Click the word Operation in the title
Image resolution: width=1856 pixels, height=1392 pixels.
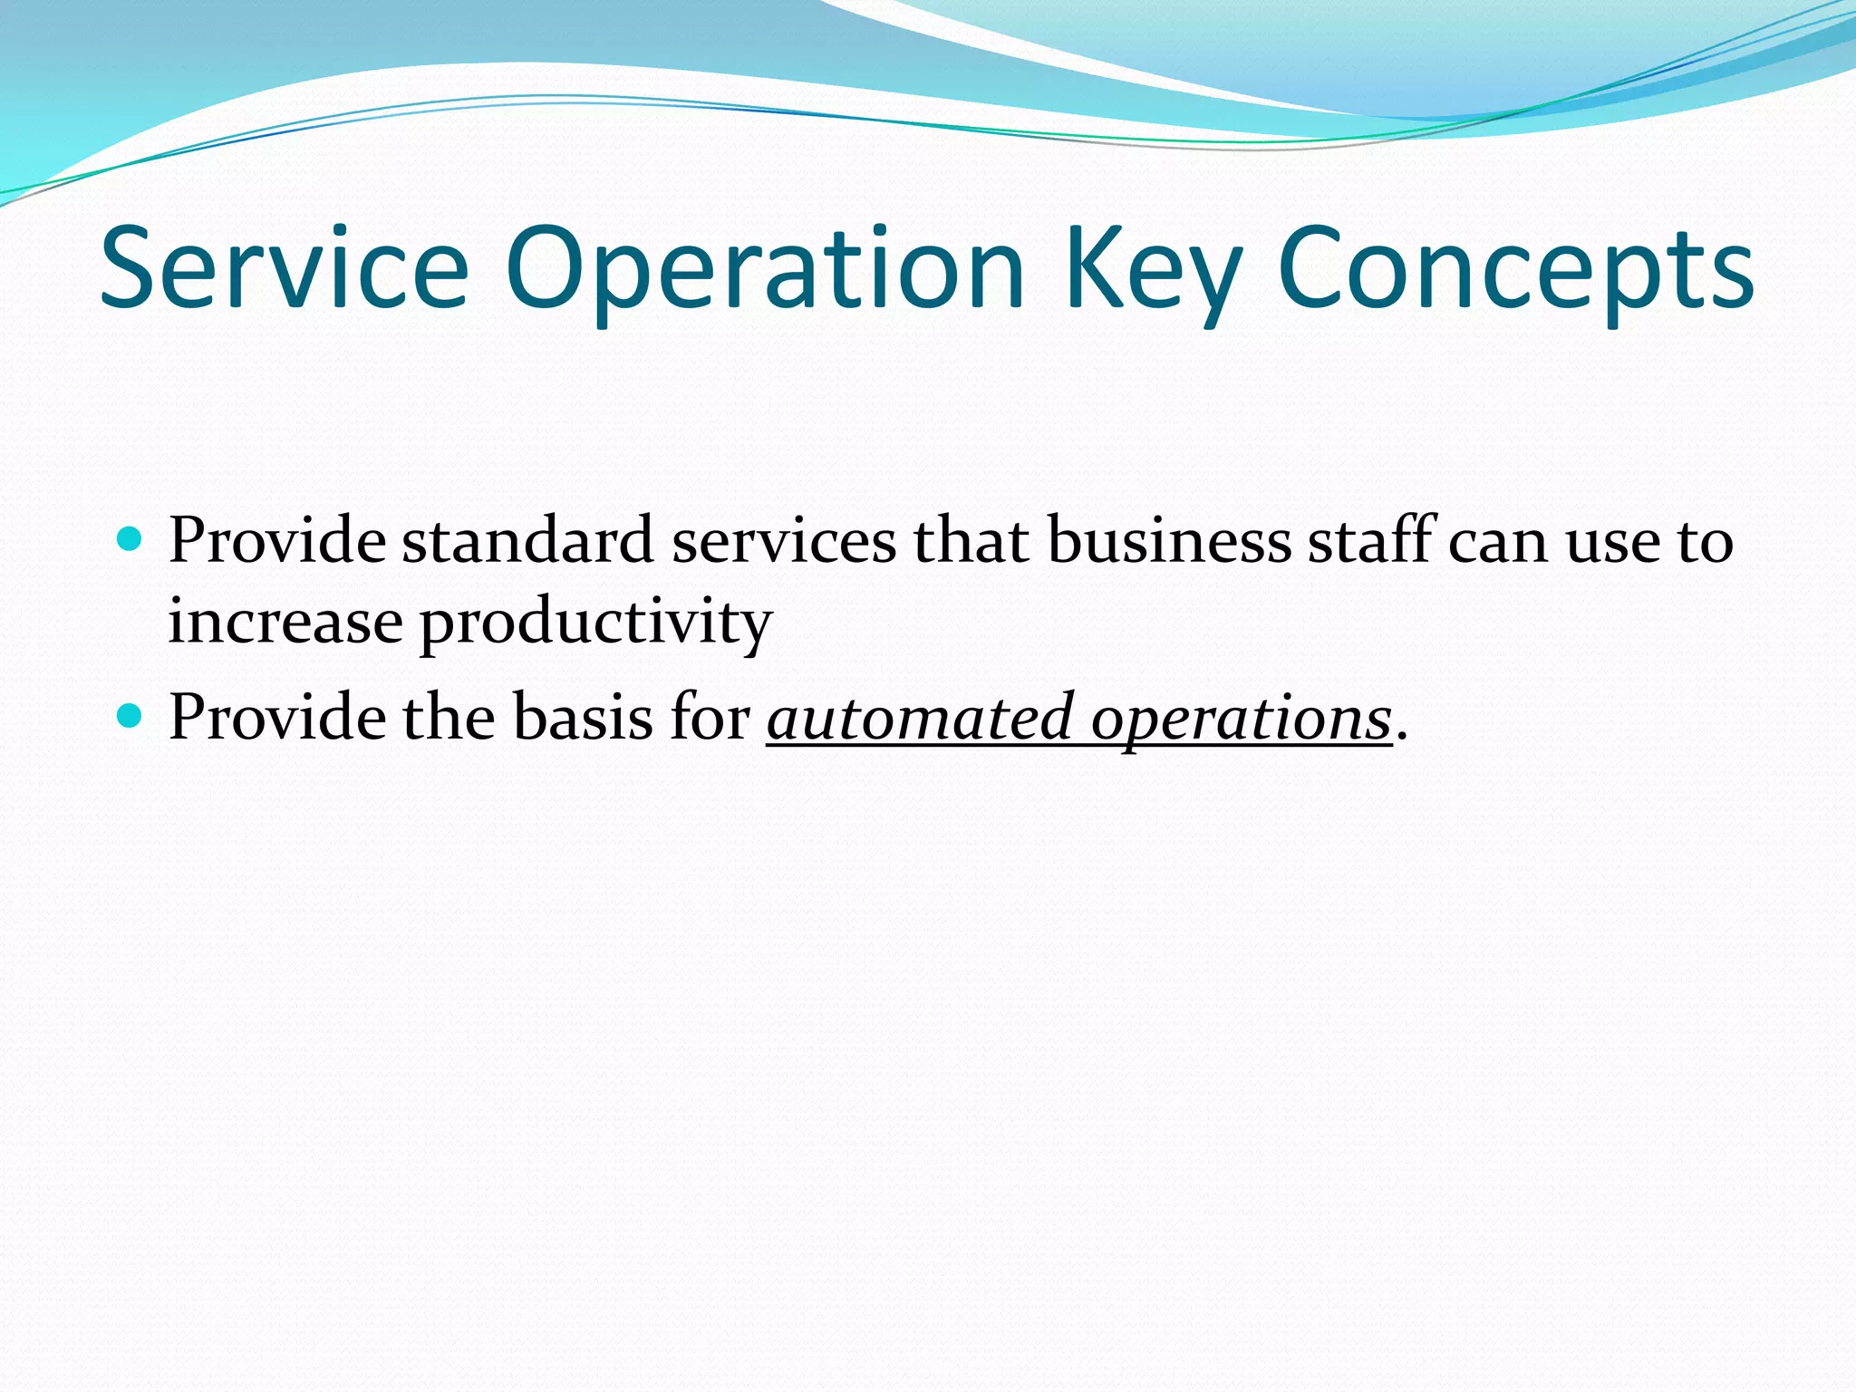[764, 269]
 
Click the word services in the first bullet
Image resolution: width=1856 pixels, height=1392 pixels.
[784, 541]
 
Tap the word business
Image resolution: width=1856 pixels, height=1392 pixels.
[1170, 541]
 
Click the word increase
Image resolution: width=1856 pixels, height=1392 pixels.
[285, 623]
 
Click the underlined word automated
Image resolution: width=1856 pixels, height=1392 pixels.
[921, 718]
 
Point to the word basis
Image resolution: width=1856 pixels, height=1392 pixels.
[583, 718]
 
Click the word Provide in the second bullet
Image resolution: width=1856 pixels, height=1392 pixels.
[277, 718]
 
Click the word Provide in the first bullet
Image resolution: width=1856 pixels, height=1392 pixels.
[277, 541]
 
